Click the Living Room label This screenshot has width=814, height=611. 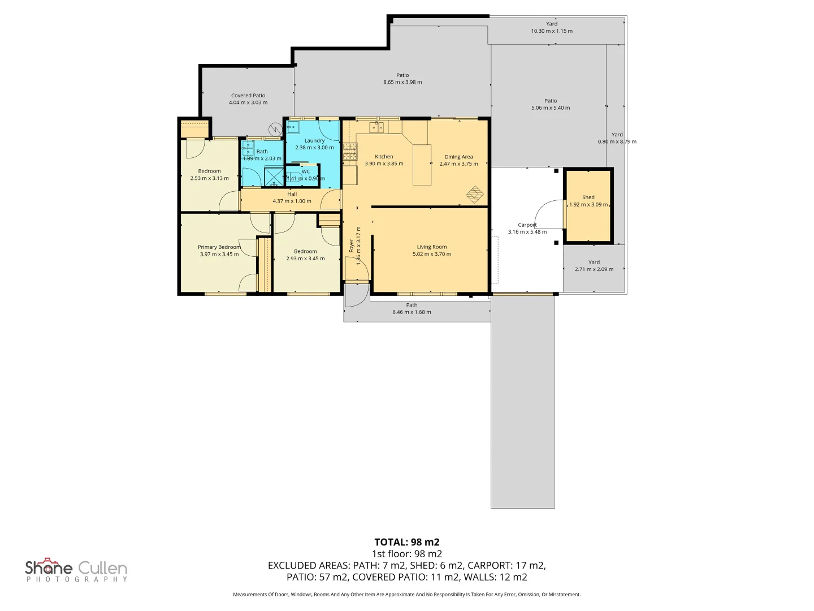point(432,247)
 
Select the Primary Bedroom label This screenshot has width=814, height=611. point(219,247)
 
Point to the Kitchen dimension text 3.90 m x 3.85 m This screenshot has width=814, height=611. point(384,163)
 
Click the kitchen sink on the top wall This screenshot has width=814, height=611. point(376,127)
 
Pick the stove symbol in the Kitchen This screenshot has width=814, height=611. point(350,151)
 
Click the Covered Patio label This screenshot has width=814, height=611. point(248,96)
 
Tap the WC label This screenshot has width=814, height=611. point(306,171)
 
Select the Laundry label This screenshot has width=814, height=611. point(314,140)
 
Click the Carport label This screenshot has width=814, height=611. point(527,225)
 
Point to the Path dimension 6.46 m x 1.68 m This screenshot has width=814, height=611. point(412,312)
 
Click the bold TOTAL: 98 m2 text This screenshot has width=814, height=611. point(406,542)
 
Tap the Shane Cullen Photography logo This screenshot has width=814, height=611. point(76,570)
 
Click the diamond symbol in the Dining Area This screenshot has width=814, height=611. point(475,194)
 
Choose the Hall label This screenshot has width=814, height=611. point(292,194)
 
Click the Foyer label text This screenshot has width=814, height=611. point(351,246)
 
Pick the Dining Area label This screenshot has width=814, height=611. point(458,157)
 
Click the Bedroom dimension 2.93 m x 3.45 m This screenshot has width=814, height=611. point(305,259)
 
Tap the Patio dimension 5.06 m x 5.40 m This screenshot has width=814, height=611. point(551,107)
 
